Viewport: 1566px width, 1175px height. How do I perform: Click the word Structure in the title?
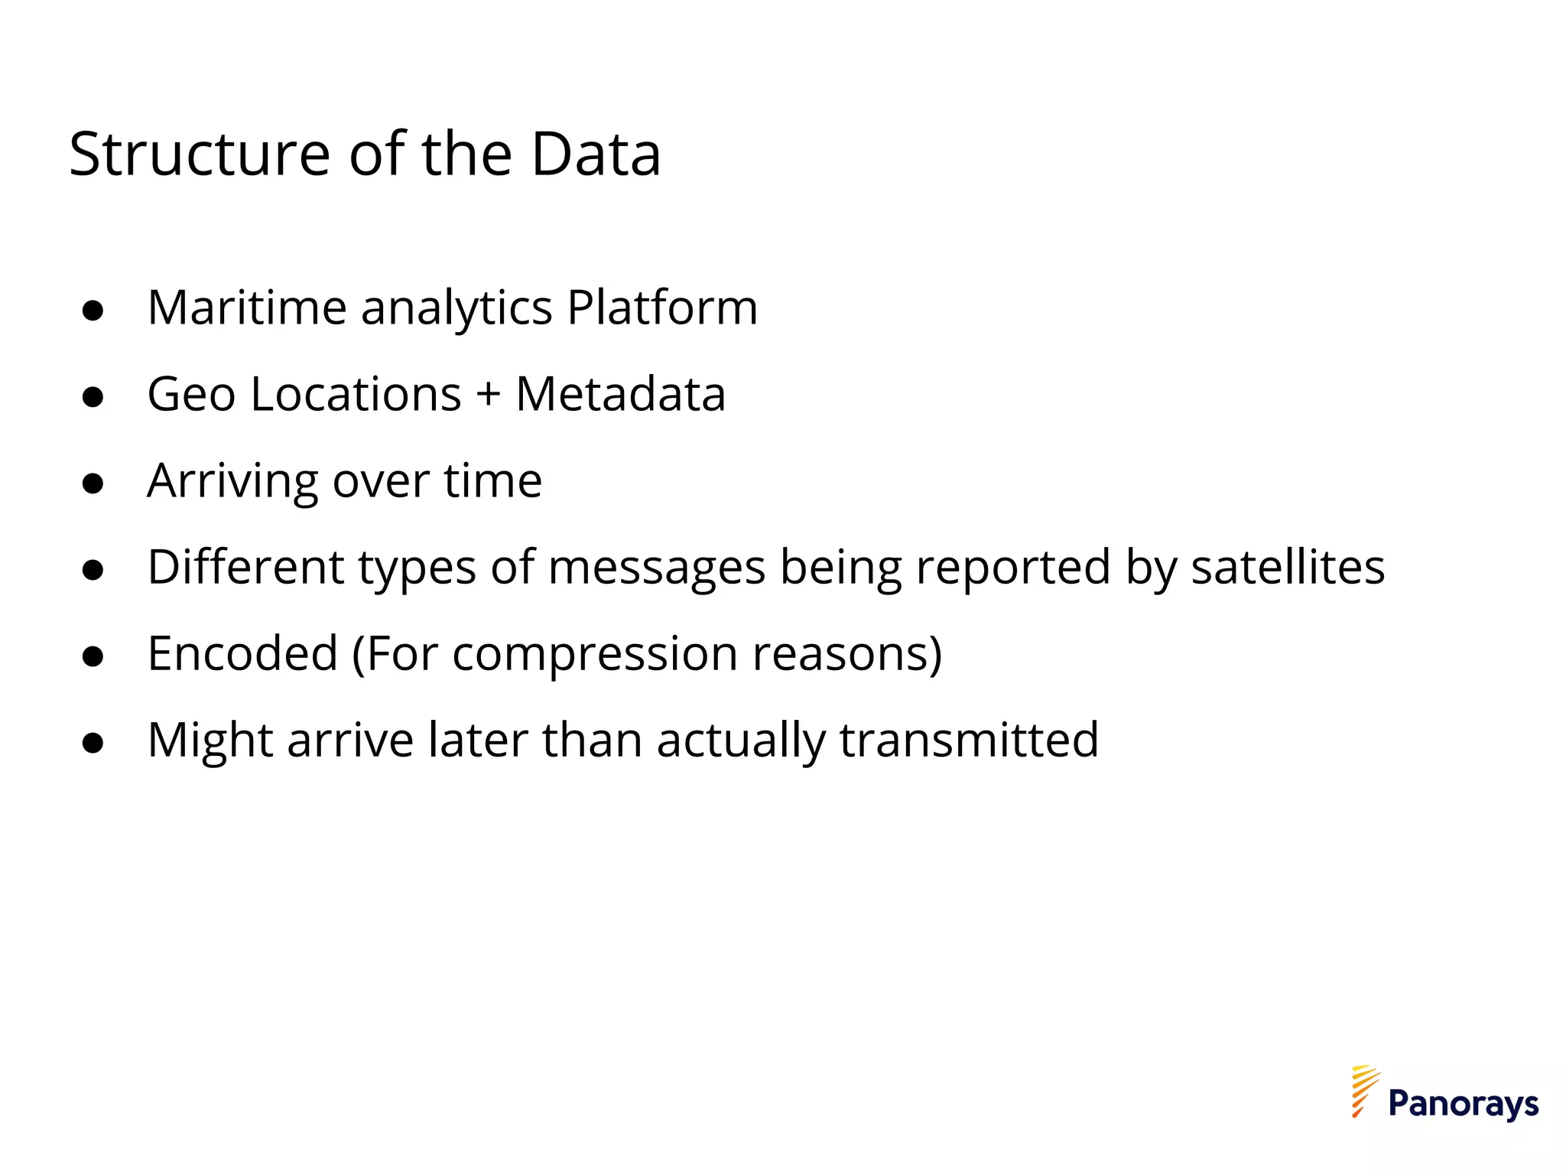pos(200,155)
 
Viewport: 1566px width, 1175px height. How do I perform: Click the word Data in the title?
pos(595,155)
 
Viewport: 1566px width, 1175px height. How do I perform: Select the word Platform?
pos(662,308)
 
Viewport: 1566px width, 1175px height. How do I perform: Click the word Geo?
pos(191,395)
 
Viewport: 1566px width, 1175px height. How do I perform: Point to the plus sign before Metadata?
pos(488,396)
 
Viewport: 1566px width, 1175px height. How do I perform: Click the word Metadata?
pos(620,395)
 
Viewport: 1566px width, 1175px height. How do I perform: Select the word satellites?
pos(1288,568)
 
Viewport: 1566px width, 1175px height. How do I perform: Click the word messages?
pos(656,569)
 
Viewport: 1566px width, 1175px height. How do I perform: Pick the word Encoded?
pos(242,654)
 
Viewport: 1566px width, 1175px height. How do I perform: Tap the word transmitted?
pos(969,740)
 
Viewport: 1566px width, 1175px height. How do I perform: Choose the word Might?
pos(210,742)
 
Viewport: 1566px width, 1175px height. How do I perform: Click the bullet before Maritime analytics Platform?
pos(93,311)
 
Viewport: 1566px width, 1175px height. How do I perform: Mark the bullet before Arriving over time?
pos(93,484)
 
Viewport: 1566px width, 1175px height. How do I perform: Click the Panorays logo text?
pos(1463,1104)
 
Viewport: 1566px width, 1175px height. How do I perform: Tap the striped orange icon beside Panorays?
pos(1363,1091)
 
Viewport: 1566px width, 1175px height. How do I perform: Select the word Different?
pos(245,568)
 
